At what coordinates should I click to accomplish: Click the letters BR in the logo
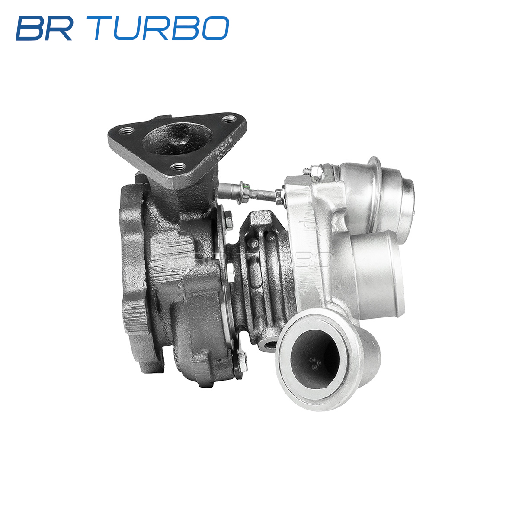click(x=44, y=28)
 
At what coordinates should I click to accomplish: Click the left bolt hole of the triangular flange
click(x=126, y=132)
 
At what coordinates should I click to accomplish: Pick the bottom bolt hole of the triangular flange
click(x=178, y=168)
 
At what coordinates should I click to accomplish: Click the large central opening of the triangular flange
click(x=177, y=139)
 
